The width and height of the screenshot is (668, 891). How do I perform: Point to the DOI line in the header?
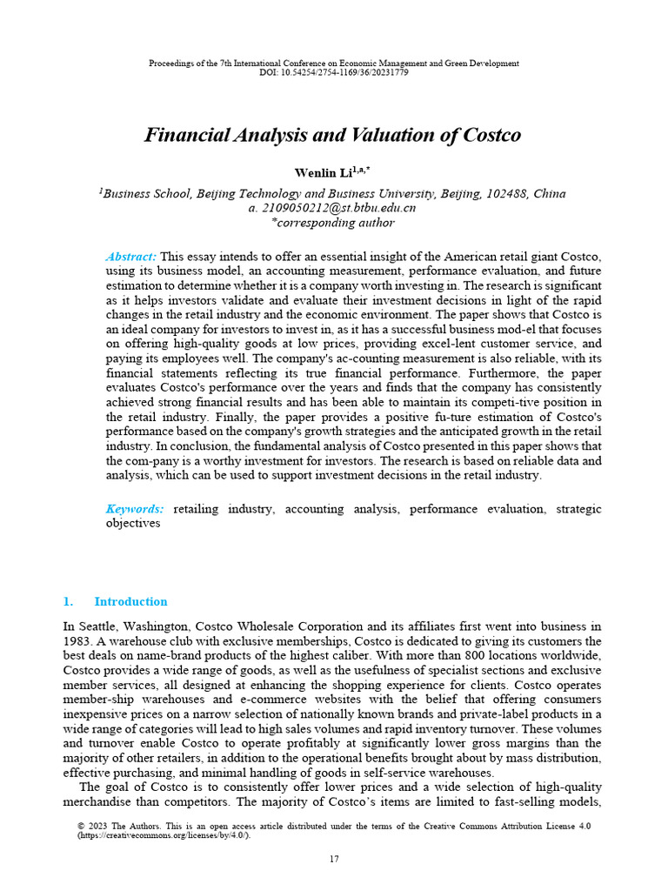coord(334,72)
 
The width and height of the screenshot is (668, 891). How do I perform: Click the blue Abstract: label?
coord(130,257)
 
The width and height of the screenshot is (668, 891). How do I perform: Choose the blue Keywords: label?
coord(135,508)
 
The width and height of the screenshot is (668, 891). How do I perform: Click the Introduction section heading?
coord(130,601)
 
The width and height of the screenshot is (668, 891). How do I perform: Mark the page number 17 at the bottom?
coord(334,859)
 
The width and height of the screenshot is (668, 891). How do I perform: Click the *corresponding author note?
coord(334,222)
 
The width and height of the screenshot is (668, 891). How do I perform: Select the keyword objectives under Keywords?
coord(133,524)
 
